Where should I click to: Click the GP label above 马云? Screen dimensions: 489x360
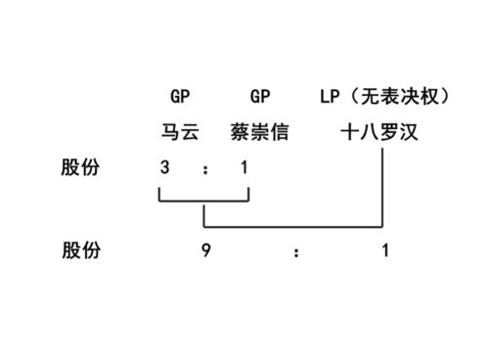(179, 97)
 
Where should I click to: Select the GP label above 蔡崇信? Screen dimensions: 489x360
(260, 97)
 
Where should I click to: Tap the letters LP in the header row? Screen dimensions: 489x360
(330, 97)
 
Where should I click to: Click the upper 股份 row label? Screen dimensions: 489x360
(81, 168)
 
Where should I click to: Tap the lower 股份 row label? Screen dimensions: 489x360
(81, 251)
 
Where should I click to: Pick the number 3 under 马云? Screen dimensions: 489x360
(165, 168)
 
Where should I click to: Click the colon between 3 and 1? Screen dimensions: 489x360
(205, 169)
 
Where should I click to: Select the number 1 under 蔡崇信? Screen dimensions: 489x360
(244, 168)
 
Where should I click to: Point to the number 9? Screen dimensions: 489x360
(206, 251)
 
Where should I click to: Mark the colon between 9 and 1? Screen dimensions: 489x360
(295, 252)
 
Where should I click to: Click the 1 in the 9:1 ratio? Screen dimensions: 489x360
(385, 251)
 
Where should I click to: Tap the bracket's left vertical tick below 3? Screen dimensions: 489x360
(159, 193)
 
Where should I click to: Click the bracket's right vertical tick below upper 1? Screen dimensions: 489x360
(249, 193)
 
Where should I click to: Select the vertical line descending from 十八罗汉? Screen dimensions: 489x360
(381, 186)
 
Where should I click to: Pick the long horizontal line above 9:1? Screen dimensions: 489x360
(293, 226)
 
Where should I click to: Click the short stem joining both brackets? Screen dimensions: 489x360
(203, 213)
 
